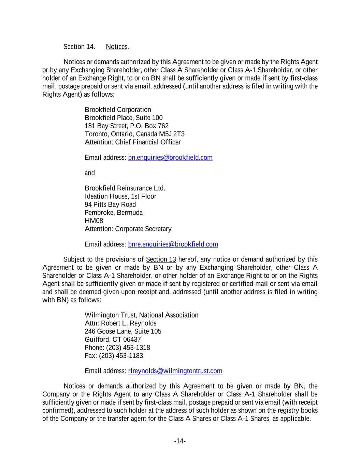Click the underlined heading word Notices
coord(117,47)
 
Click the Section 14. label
coord(79,47)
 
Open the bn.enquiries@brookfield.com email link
coord(170,158)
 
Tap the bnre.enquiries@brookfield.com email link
coord(173,244)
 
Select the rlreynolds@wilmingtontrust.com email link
coord(175,371)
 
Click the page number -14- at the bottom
coord(180,441)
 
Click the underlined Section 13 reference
coord(161,260)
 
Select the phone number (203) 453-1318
coord(128,348)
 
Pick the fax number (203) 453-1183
coord(121,356)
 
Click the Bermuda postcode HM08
coord(94,221)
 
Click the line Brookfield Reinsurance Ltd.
coord(125,188)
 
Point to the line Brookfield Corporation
coord(118,110)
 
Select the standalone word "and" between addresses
coord(90,173)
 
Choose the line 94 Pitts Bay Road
coord(110,205)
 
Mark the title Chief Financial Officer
coord(148,142)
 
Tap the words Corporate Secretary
coord(143,229)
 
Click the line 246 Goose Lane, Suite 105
coord(123,331)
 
